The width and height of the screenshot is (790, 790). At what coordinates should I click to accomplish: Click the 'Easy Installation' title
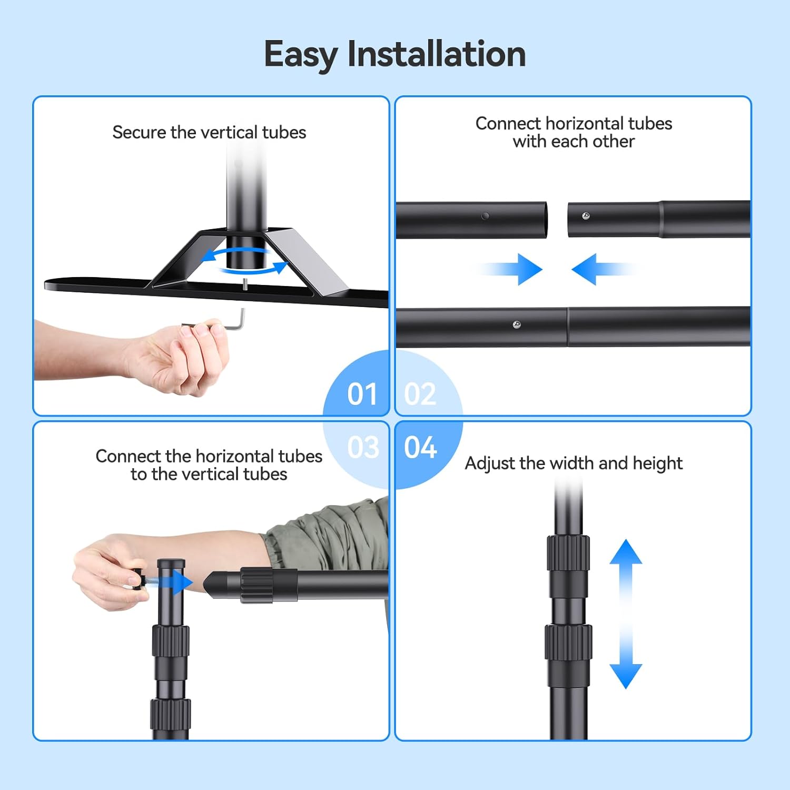(394, 54)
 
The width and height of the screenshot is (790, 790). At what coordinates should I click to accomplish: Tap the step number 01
(362, 394)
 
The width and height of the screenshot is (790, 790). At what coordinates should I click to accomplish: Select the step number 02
(420, 394)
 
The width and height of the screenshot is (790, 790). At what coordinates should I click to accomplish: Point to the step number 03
(363, 448)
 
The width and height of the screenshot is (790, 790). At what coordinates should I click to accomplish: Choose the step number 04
(420, 448)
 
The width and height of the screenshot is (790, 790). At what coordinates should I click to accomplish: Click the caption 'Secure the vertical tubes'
(209, 132)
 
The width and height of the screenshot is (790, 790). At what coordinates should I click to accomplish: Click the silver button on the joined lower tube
(517, 325)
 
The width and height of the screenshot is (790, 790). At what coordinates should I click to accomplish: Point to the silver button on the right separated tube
(586, 216)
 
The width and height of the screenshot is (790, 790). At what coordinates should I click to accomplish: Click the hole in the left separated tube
(485, 216)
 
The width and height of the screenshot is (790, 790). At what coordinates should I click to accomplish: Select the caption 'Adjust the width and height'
(574, 463)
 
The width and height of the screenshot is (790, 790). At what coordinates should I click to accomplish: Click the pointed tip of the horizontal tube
(213, 584)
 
